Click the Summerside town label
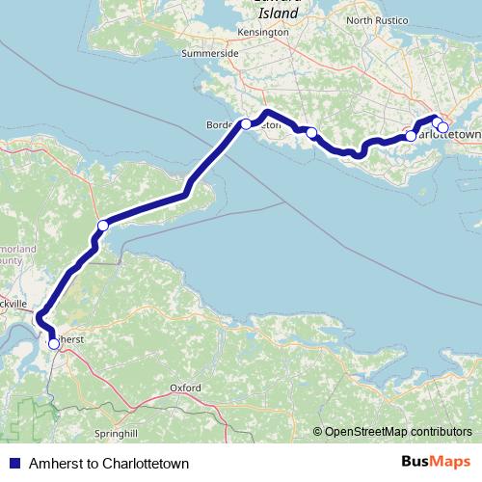[x=210, y=54]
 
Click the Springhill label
[x=118, y=433]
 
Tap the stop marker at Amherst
[x=53, y=342]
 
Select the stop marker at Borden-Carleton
[x=246, y=123]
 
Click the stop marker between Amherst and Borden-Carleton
[x=102, y=226]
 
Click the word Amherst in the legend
[x=54, y=464]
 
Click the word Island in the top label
[x=279, y=14]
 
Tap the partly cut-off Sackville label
[x=13, y=302]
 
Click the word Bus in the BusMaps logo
[x=415, y=464]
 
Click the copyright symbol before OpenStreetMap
[x=317, y=432]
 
